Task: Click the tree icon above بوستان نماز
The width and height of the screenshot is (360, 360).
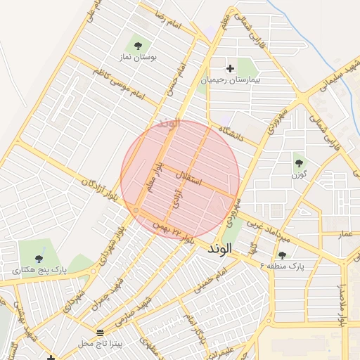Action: [x=137, y=46]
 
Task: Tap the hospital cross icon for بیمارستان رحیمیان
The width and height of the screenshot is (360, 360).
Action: [x=230, y=69]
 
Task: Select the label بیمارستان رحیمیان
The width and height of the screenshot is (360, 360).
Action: [x=231, y=80]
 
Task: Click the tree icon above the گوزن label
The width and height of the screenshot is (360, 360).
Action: [x=298, y=161]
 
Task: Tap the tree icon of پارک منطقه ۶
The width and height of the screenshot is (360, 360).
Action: [x=283, y=255]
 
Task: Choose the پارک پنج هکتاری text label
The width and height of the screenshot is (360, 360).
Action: [x=39, y=270]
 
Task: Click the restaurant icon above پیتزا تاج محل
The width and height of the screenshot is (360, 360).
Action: [x=100, y=331]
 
